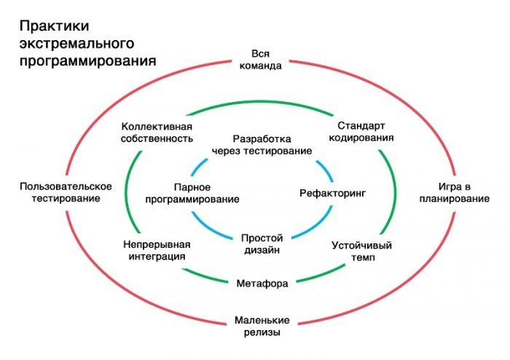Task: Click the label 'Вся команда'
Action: click(260, 59)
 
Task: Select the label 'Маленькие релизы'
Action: click(262, 326)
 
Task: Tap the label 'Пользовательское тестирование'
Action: click(66, 192)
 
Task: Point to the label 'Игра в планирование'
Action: click(453, 192)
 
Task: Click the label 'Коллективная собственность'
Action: click(157, 131)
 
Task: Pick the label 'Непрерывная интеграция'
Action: click(156, 250)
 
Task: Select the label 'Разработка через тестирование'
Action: click(262, 144)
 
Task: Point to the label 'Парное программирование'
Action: click(192, 192)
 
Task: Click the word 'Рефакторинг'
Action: click(331, 193)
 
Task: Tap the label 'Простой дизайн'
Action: click(262, 243)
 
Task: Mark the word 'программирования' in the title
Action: click(87, 60)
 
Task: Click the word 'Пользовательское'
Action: click(66, 187)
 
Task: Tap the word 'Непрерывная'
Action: click(156, 244)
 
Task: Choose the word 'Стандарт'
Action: click(361, 125)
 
